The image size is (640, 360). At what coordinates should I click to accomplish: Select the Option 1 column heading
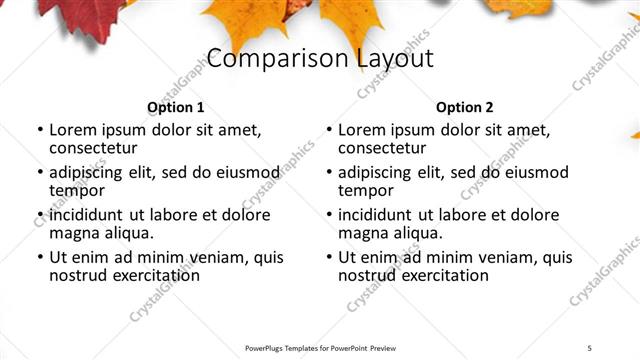tap(176, 107)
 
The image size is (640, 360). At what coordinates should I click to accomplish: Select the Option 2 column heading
tap(465, 107)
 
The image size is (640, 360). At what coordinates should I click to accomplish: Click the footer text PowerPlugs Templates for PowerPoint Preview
tap(320, 347)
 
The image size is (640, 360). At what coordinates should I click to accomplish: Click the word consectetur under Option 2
tap(385, 149)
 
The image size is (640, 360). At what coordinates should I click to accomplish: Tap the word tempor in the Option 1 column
tap(77, 191)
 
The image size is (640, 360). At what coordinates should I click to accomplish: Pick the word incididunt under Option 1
tap(86, 215)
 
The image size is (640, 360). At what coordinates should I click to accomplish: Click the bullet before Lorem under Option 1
tap(40, 130)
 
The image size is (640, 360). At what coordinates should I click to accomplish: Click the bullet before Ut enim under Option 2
tap(329, 257)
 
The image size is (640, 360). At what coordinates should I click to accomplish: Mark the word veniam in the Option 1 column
tap(221, 257)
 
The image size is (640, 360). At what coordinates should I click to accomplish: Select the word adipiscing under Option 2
tap(376, 172)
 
